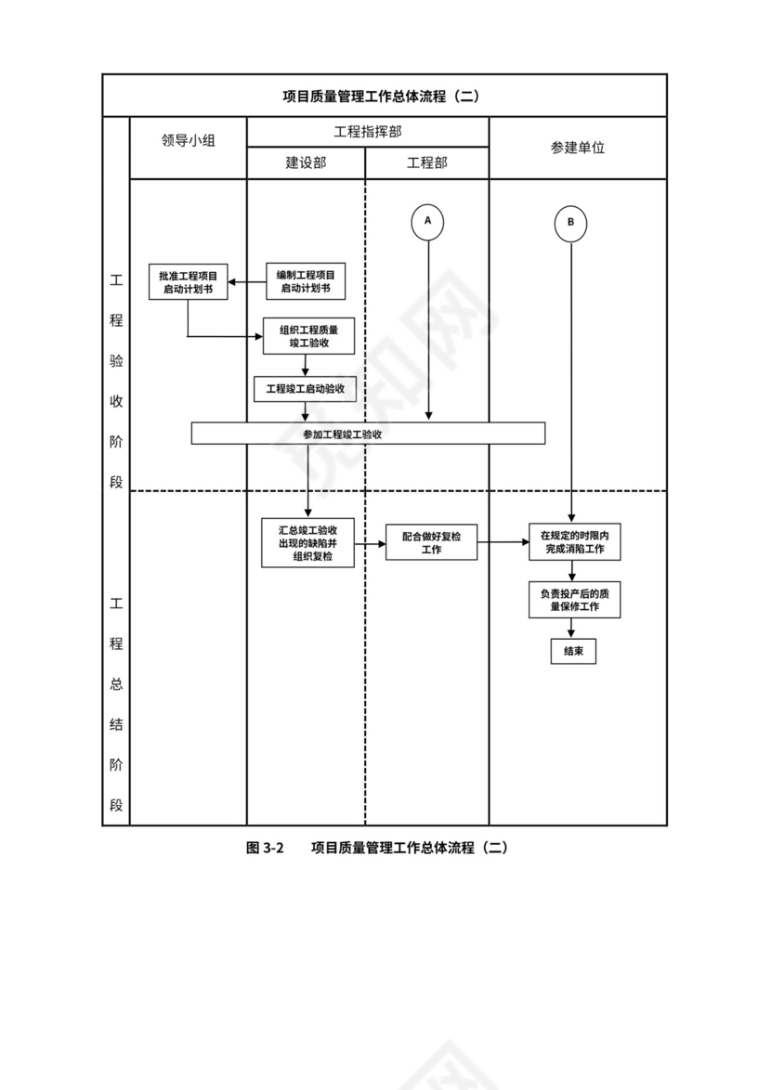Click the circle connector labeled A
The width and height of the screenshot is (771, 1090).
(x=428, y=221)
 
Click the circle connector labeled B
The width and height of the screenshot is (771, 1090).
(x=570, y=223)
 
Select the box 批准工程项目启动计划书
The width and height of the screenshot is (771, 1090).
(x=188, y=282)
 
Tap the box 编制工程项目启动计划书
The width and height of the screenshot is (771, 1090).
(x=306, y=282)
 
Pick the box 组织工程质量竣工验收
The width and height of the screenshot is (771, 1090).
(x=308, y=336)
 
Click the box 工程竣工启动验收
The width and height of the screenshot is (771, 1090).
(x=305, y=389)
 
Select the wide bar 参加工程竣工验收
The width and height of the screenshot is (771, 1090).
(x=368, y=434)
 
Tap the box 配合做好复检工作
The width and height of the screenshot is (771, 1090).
(x=431, y=542)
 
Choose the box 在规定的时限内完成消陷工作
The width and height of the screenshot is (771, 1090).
(x=574, y=542)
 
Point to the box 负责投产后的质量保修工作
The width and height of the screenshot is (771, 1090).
(x=574, y=600)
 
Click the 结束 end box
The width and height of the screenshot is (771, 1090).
(x=572, y=652)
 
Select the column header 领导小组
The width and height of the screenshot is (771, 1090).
(x=188, y=141)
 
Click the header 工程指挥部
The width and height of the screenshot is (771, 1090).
(x=368, y=132)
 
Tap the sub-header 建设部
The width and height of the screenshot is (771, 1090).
(x=306, y=162)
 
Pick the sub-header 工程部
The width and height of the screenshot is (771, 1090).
(x=427, y=162)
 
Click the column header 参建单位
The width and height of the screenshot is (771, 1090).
(x=577, y=147)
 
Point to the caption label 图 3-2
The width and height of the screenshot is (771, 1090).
(x=264, y=848)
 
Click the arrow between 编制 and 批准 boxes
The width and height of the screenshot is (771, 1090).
(x=247, y=282)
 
